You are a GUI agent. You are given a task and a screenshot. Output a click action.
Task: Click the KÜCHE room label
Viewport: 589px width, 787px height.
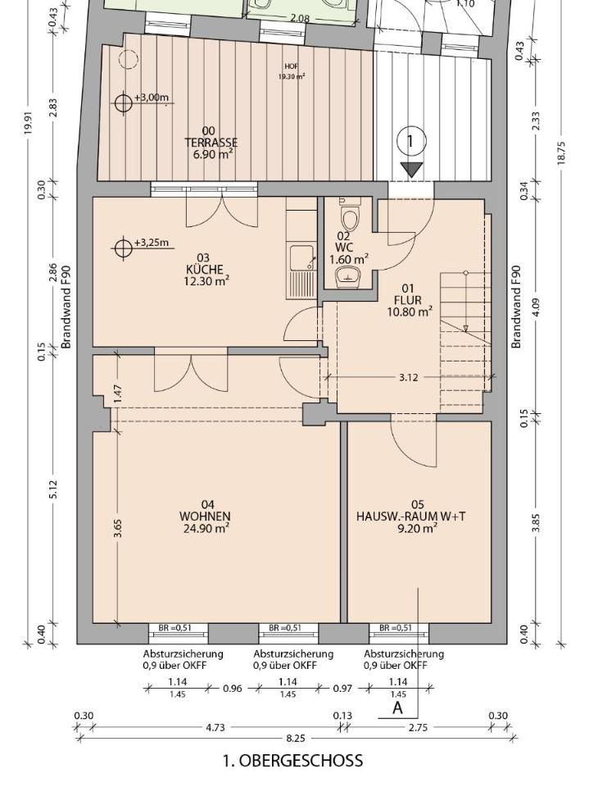pos(205,269)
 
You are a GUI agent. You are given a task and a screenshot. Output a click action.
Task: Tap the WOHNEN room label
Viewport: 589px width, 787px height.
pos(205,516)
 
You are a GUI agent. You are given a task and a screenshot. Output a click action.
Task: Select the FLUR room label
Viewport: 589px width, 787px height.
pos(409,300)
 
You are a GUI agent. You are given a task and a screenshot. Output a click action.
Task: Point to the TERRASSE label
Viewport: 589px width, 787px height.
pos(211,143)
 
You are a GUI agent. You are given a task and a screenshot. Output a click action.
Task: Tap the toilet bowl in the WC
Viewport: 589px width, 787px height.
pos(349,216)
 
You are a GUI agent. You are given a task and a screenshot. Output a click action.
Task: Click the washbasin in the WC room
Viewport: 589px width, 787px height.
pos(349,276)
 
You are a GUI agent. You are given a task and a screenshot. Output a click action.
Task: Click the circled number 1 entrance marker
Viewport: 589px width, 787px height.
pos(411,141)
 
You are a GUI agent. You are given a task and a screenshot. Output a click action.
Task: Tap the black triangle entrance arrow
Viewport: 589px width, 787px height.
pos(412,169)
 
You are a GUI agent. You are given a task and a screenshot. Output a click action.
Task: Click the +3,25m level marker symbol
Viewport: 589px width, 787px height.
pos(122,248)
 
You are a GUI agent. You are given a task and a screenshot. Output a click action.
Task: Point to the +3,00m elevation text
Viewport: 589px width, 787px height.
pos(152,97)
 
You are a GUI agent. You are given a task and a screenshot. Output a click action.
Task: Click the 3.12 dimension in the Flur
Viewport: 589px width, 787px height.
pos(409,377)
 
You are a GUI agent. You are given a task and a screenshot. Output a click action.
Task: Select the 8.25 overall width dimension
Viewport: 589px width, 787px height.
pos(296,738)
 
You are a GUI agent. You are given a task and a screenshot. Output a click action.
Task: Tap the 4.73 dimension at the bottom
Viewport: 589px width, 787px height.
pos(215,727)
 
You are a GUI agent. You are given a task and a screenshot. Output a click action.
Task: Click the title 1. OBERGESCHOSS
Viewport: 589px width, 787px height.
pos(293,761)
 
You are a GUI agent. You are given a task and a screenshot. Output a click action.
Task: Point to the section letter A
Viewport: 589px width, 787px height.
pos(398,707)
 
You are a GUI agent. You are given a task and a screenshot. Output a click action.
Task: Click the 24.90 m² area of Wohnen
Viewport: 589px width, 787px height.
pos(206,528)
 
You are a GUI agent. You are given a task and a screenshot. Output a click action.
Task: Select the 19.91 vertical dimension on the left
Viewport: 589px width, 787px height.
pos(29,122)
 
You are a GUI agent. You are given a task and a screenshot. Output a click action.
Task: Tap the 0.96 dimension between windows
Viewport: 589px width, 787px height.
pos(233,688)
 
